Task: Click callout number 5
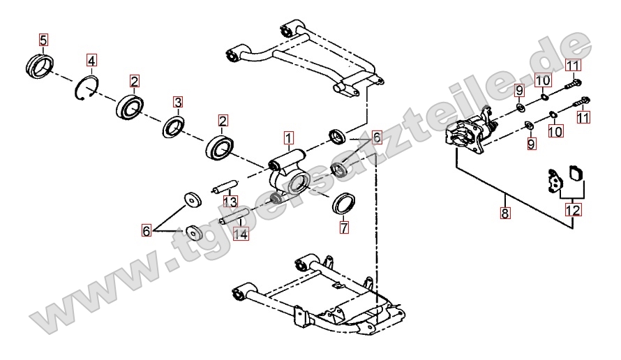[43, 40]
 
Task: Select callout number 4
[92, 61]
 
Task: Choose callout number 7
[344, 227]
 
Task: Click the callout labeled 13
[230, 202]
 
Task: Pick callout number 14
[241, 234]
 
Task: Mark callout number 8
[504, 213]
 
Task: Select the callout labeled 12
[573, 209]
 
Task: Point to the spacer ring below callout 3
[173, 128]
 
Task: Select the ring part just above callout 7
[343, 204]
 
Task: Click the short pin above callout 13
[225, 187]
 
